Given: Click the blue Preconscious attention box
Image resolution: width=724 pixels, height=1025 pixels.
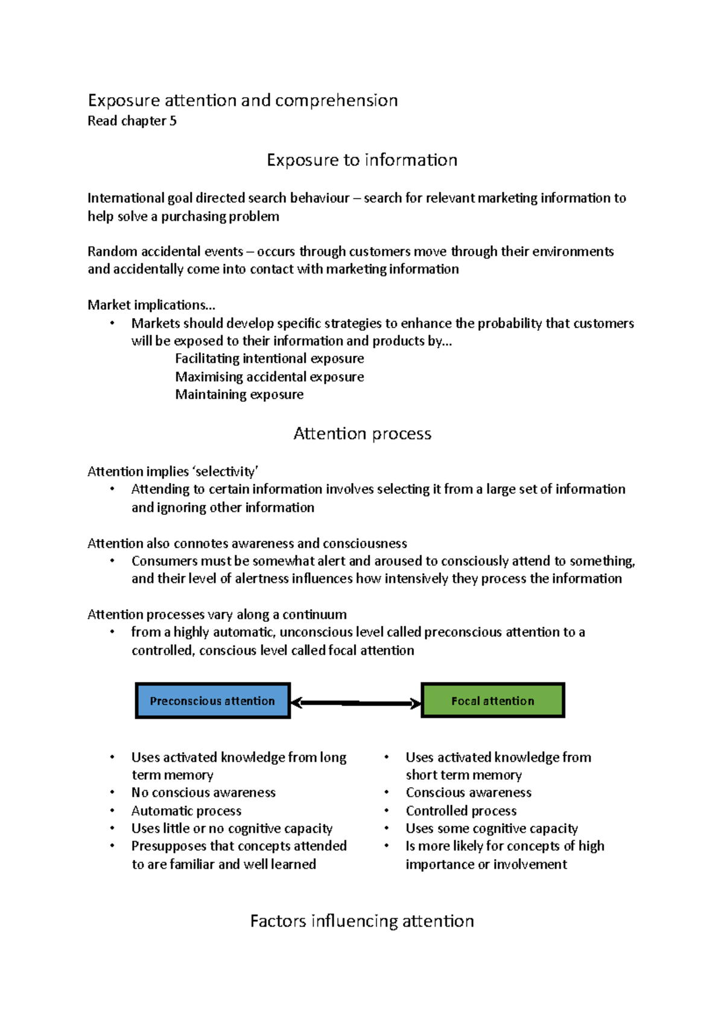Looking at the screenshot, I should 212,701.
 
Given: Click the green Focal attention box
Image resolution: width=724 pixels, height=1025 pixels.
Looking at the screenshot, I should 492,701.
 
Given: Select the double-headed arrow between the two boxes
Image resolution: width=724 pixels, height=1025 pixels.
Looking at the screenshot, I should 356,703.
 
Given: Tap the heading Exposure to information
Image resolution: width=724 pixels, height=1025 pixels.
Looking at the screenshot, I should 362,160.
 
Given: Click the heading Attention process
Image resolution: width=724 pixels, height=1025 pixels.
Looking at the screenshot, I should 362,433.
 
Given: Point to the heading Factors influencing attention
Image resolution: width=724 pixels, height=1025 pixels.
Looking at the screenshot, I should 362,921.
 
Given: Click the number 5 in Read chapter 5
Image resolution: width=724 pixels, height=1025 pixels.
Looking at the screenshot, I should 173,121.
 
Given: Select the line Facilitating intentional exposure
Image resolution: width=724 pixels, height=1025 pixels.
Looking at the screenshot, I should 269,359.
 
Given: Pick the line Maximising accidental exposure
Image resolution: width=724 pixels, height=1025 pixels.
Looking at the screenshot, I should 269,377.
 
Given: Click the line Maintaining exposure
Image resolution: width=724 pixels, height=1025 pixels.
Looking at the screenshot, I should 239,394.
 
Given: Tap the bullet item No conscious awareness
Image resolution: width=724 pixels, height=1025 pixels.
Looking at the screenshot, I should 203,793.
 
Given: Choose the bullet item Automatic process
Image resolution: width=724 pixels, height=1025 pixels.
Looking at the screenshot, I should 186,811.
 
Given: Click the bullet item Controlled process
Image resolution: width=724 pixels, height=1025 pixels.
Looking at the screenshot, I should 461,811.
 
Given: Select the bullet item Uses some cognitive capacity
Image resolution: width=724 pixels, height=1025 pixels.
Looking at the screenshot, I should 491,828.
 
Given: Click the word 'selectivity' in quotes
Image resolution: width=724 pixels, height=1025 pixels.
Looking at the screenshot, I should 225,471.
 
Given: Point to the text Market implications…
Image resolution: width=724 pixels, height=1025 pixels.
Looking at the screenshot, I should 151,305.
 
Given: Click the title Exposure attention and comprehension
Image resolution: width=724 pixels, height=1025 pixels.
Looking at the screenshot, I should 243,100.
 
